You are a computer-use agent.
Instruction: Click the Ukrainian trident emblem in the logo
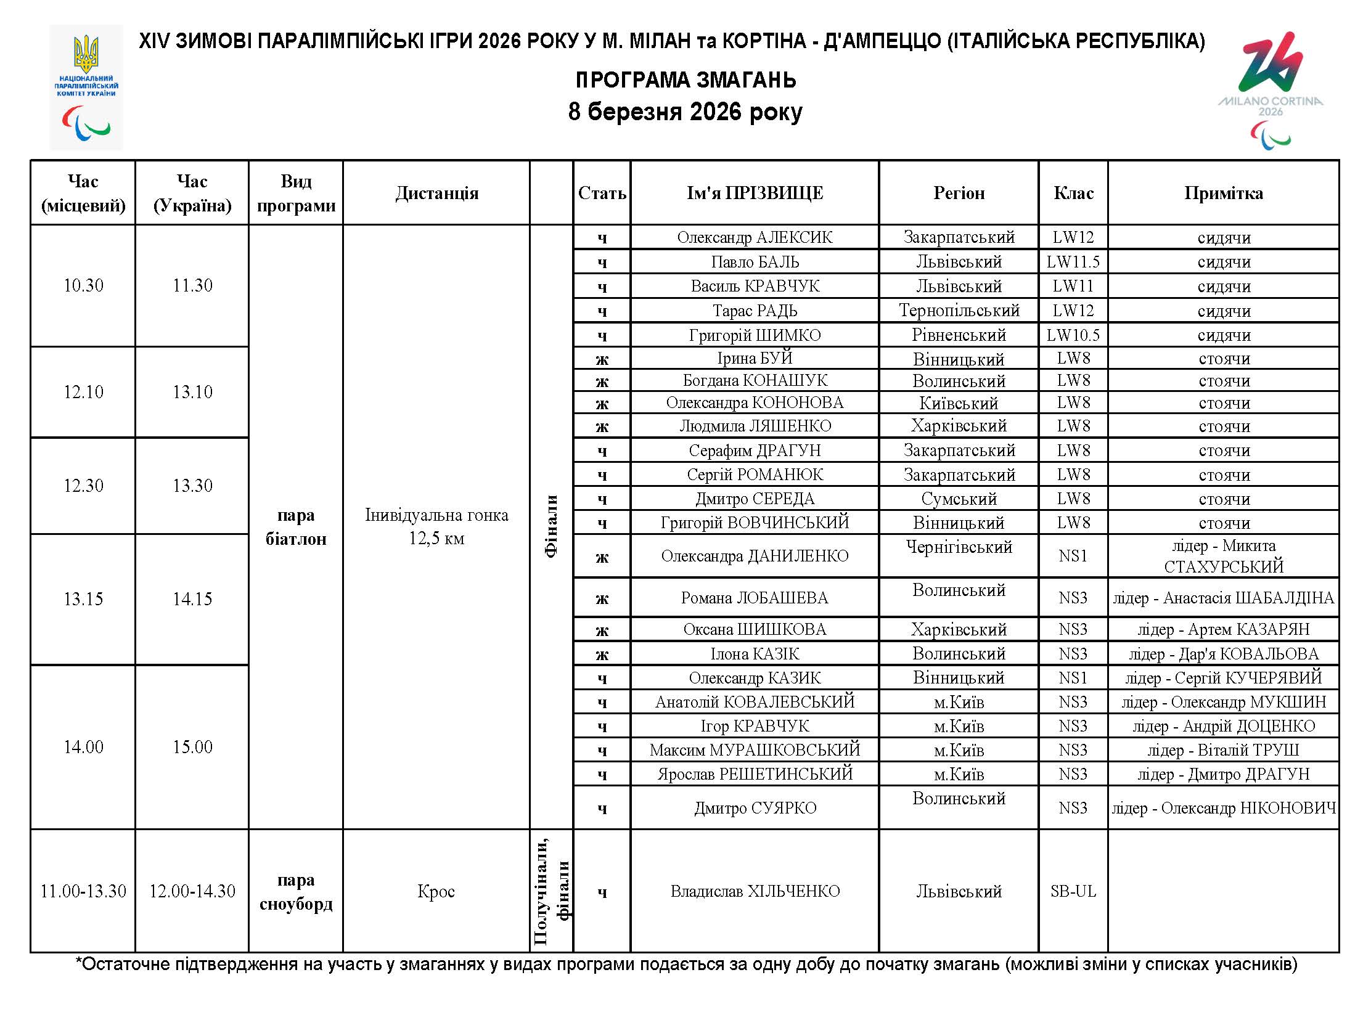point(86,54)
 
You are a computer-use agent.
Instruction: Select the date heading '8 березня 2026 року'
point(685,112)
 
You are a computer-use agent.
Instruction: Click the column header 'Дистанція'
point(436,194)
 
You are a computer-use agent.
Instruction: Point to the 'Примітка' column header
point(1223,194)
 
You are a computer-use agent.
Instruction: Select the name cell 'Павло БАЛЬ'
point(755,262)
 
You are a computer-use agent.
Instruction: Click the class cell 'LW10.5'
point(1073,335)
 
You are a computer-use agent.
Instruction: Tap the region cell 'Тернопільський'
point(959,311)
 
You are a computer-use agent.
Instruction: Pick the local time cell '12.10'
point(83,392)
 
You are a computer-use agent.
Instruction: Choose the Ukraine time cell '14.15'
point(192,599)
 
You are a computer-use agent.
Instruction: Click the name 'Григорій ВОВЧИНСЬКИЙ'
point(755,523)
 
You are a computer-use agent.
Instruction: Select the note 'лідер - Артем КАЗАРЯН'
point(1223,629)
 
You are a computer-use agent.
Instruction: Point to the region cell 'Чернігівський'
point(959,547)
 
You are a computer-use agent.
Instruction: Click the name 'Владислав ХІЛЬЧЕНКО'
point(755,892)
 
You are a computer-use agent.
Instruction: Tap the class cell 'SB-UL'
point(1073,892)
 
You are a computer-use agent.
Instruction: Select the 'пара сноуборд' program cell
point(296,892)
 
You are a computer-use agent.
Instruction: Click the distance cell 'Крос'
point(436,892)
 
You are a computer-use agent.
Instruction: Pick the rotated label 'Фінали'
point(551,527)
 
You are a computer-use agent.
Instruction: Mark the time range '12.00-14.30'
point(192,892)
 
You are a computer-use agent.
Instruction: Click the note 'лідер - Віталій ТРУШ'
point(1223,751)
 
